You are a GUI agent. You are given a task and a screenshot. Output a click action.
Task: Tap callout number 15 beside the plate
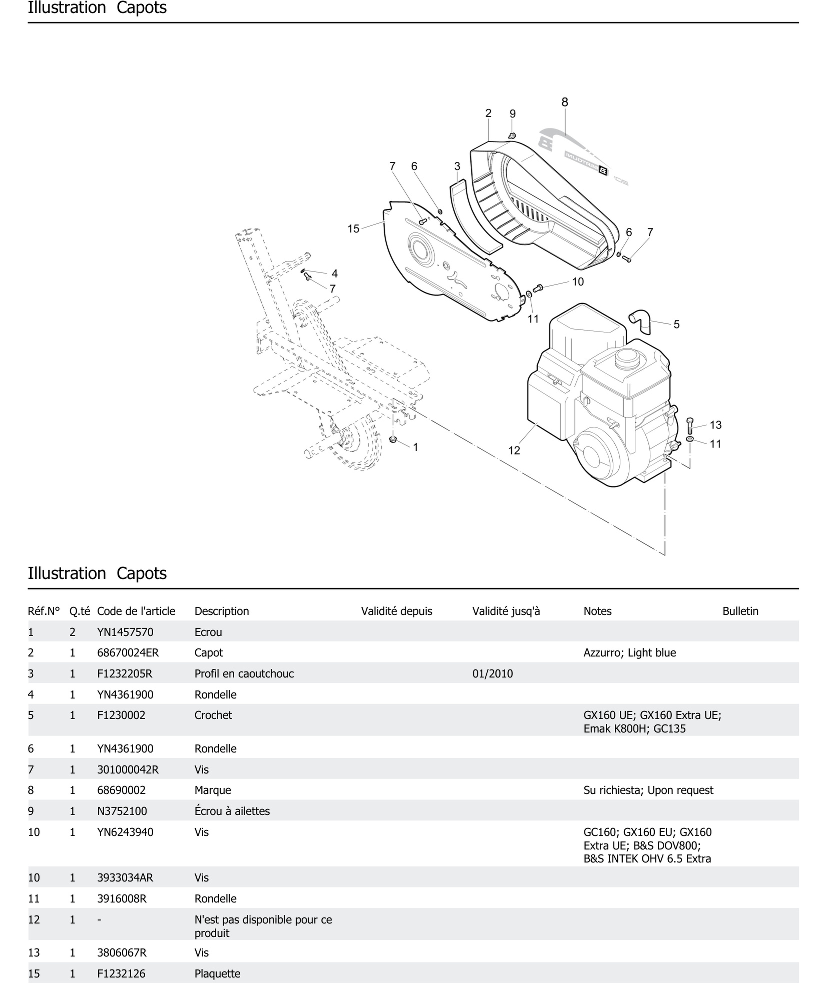tap(353, 229)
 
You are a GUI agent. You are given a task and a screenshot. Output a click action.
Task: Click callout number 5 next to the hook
tap(676, 324)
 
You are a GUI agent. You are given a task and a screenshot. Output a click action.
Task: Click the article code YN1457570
tap(125, 632)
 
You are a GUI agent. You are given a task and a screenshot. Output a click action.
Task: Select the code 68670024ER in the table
tap(128, 653)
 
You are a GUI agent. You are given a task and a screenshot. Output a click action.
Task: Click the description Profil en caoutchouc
tap(244, 674)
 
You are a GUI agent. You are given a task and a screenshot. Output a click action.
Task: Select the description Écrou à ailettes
tap(232, 811)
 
